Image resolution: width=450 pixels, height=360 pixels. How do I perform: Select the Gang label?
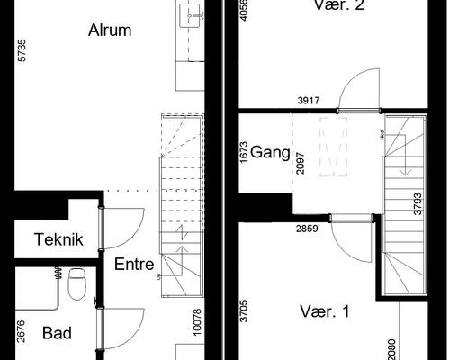[270, 152]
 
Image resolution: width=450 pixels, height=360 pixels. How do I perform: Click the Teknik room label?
[59, 239]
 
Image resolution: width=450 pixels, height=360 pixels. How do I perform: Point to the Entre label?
[134, 265]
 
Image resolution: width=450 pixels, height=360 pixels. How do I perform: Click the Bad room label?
[57, 333]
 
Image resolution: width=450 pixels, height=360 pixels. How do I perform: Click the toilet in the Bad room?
[76, 282]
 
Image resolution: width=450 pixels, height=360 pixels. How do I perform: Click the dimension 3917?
[310, 102]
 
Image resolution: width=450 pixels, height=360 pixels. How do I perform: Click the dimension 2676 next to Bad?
[21, 334]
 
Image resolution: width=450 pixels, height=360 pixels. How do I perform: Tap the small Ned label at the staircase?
[383, 136]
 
